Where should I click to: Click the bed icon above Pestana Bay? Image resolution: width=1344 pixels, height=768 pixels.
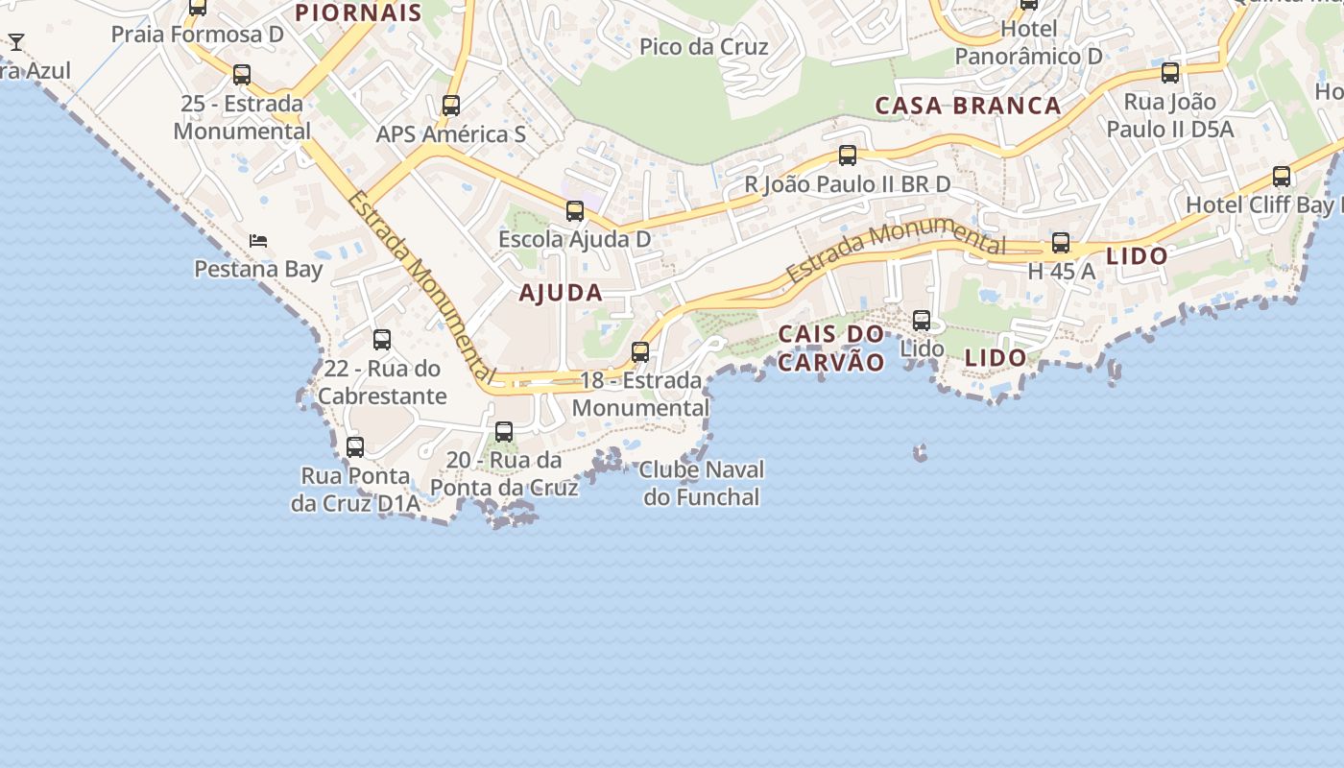258,240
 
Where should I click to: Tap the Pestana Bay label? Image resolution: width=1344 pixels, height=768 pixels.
258,269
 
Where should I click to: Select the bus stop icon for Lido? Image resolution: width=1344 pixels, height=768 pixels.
922,321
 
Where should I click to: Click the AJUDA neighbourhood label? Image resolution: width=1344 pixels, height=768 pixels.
561,293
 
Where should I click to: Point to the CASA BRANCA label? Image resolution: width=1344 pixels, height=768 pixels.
968,106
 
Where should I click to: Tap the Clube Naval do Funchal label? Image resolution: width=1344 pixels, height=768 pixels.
703,483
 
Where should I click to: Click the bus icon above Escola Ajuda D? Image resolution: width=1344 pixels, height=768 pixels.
575,211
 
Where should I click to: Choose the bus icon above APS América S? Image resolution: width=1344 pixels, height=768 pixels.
451,106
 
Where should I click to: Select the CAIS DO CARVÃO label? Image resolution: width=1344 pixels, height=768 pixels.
830,348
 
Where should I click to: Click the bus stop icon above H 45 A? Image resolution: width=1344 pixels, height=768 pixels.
1061,243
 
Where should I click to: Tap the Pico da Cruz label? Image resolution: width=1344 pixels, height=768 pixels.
704,46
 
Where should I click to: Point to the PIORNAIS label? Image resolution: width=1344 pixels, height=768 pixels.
358,12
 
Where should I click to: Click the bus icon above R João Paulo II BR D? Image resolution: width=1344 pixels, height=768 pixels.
848,156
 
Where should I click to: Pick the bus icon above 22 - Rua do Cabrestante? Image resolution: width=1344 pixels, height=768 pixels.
382,340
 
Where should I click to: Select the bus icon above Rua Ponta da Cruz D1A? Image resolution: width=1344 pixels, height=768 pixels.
355,447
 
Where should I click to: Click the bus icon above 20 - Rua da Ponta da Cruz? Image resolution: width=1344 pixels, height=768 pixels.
504,432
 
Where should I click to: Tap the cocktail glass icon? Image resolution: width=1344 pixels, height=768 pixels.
16,42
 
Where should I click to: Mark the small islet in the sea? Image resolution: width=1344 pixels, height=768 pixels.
920,451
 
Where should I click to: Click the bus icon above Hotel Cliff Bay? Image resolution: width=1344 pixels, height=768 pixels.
1282,177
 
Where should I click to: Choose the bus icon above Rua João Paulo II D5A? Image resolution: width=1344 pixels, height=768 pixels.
1170,73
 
